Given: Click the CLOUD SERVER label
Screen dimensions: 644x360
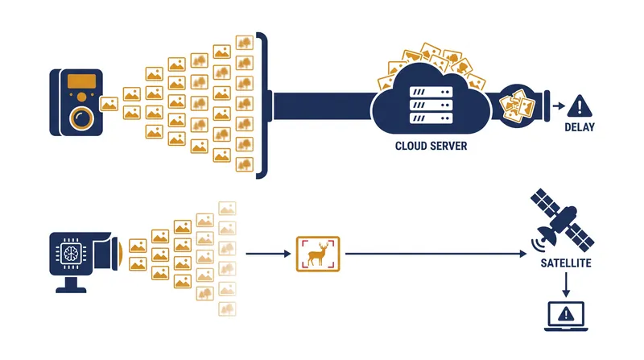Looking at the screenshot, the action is point(431,146).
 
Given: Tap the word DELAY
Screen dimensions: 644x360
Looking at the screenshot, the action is point(580,127).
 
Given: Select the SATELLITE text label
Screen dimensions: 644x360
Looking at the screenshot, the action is point(566,263).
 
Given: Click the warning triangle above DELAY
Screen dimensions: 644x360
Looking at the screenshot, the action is point(580,106).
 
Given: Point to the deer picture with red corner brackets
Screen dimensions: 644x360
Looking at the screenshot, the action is point(318,254).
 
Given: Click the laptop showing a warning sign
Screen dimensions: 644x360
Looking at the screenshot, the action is point(566,316).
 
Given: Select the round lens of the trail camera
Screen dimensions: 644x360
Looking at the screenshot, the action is point(82,118).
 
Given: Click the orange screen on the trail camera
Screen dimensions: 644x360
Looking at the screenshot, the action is point(82,81).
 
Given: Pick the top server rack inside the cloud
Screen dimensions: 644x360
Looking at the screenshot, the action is point(431,92).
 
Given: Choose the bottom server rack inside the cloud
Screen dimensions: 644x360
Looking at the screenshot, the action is point(431,118).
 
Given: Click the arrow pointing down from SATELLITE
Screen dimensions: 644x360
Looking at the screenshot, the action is point(566,284).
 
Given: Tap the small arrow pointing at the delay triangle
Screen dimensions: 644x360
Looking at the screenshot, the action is point(559,106).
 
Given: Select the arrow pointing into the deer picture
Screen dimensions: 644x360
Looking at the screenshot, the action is point(269,254).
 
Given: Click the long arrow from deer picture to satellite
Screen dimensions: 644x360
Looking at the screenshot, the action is point(436,254).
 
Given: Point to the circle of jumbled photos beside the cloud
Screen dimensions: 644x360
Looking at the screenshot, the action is point(518,106).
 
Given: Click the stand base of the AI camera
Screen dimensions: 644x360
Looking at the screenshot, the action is point(71,290).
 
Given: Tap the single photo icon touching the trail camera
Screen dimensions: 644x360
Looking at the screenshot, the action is point(109,104).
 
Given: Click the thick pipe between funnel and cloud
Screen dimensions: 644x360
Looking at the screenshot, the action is point(324,106).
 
